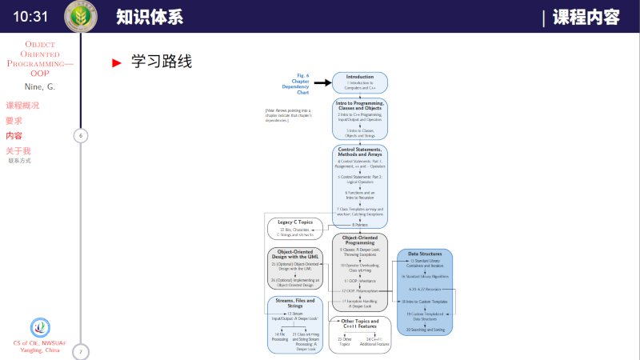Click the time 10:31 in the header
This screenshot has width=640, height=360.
pyautogui.click(x=30, y=16)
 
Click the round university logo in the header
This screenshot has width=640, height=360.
pyautogui.click(x=80, y=16)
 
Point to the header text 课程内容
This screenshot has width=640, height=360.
pyautogui.click(x=587, y=17)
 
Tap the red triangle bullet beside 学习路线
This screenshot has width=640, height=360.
pyautogui.click(x=117, y=62)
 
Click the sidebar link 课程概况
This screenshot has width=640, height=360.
pyautogui.click(x=22, y=106)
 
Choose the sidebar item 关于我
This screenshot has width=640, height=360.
pyautogui.click(x=18, y=150)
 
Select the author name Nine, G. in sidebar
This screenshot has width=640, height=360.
pyautogui.click(x=40, y=86)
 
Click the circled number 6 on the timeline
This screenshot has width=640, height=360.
pyautogui.click(x=80, y=135)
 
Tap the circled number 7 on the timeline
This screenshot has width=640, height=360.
pyautogui.click(x=80, y=351)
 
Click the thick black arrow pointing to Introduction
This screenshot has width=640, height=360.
pyautogui.click(x=322, y=82)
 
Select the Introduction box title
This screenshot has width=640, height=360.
pyautogui.click(x=360, y=78)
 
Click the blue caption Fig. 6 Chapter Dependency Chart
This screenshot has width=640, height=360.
pyautogui.click(x=300, y=83)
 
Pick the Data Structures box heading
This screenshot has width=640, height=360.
pyautogui.click(x=425, y=254)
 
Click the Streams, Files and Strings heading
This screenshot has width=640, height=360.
pyautogui.click(x=295, y=303)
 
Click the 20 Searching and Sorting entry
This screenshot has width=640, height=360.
pyautogui.click(x=425, y=329)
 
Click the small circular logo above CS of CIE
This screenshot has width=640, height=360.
pyautogui.click(x=40, y=328)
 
